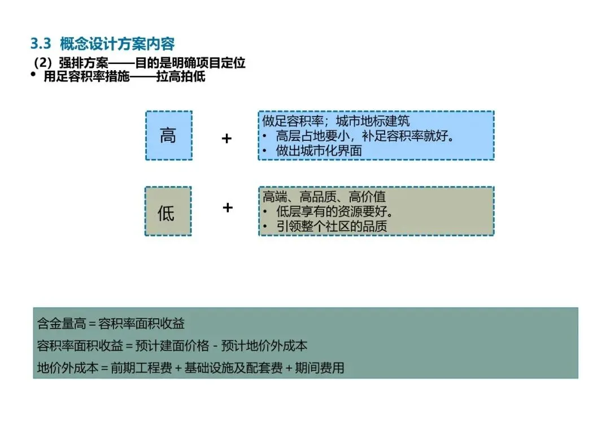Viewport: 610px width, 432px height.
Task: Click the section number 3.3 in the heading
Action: (41, 44)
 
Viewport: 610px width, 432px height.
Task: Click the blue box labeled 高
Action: (168, 136)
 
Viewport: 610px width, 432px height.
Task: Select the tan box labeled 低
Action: (167, 212)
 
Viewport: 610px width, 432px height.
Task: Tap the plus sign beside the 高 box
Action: (226, 139)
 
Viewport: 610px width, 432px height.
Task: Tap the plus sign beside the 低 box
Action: (227, 208)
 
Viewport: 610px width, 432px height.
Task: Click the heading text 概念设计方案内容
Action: (117, 44)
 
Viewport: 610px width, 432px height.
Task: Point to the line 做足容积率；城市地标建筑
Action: (336, 121)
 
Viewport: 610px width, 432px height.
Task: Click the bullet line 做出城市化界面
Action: (319, 150)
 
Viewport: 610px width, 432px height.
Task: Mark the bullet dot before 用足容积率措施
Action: (33, 75)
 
